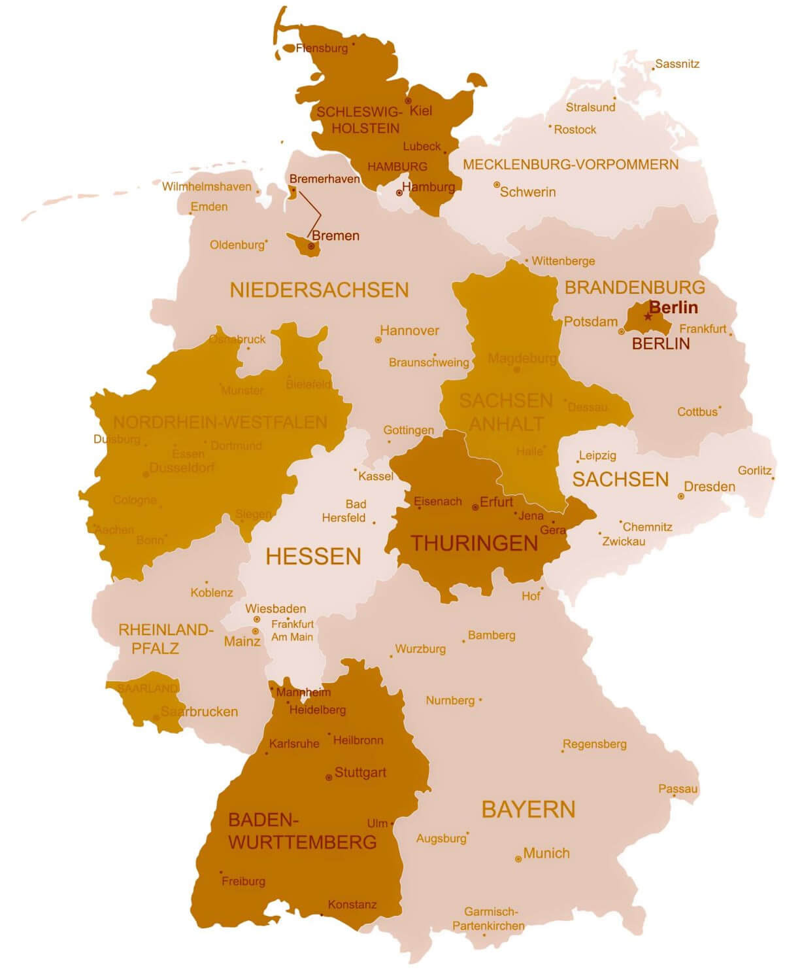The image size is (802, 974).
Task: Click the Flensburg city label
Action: [x=322, y=48]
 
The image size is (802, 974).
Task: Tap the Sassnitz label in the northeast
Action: [x=677, y=64]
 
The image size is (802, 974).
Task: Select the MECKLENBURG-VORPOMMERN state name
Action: [x=571, y=165]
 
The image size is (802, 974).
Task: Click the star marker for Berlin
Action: [x=648, y=317]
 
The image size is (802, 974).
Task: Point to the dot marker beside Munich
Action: [x=518, y=859]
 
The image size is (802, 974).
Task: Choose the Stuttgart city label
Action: [x=360, y=773]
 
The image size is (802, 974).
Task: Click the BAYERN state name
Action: [x=528, y=810]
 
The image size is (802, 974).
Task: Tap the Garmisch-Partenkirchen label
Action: [x=488, y=918]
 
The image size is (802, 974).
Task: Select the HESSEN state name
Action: [x=314, y=557]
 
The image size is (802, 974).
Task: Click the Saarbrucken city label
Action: [x=199, y=712]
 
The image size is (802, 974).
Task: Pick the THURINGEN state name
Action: [x=474, y=544]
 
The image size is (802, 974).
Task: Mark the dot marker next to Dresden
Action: [x=681, y=496]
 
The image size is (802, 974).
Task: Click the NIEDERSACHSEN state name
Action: [x=319, y=290]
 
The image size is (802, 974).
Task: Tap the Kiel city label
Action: [x=421, y=111]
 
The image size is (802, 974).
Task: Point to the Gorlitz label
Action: [x=754, y=470]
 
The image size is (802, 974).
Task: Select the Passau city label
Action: [x=678, y=789]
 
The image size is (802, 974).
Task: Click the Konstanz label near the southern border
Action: [x=352, y=905]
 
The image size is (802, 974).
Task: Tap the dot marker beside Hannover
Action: [x=378, y=340]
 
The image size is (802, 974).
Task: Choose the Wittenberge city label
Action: [x=563, y=261]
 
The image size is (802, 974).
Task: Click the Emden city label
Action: [x=209, y=207]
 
